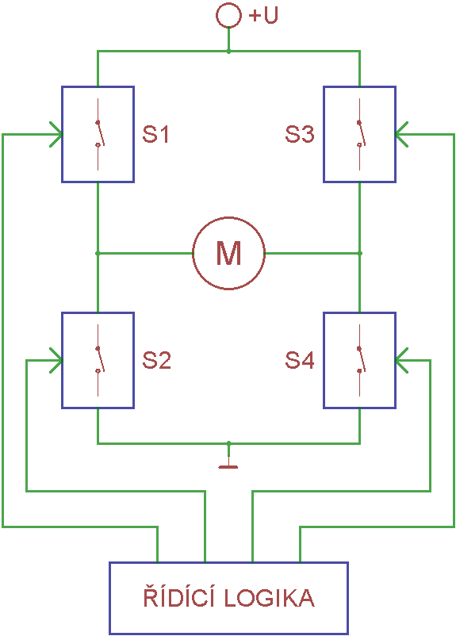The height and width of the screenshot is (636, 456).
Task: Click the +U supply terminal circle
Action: point(228,4)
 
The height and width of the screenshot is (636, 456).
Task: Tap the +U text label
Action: point(263,15)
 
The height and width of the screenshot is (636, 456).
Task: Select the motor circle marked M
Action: point(229,217)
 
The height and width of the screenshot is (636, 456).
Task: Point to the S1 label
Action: point(155,134)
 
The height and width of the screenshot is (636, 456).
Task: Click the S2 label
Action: point(156,360)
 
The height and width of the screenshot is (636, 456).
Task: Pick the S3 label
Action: point(300,134)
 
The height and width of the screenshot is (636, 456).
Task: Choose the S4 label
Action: point(300,360)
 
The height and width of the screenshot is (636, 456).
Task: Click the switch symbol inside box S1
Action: point(98,134)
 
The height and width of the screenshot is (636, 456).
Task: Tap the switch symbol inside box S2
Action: point(98,360)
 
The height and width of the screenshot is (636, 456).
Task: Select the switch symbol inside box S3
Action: point(360,134)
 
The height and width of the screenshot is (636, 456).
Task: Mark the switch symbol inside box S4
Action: point(360,360)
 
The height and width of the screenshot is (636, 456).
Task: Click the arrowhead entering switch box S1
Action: point(56,134)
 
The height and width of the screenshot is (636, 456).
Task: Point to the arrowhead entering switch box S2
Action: point(56,360)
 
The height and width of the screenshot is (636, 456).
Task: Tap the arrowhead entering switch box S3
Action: point(401,134)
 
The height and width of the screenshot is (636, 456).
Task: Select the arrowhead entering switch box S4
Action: point(401,360)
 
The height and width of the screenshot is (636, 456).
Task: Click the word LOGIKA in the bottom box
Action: point(270,598)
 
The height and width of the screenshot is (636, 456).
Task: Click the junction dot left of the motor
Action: point(98,253)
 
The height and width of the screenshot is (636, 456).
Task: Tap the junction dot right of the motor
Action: point(360,253)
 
